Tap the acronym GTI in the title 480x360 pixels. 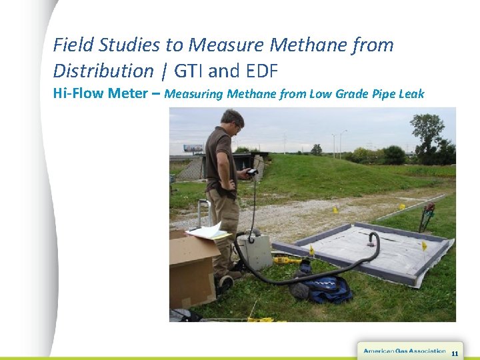189,70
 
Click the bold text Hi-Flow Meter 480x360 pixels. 100,93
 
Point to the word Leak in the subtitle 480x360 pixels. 410,94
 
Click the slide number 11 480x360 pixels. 455,353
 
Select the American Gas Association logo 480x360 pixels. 404,351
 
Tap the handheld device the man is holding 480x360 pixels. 251,173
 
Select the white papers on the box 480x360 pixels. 208,231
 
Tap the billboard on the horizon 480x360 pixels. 193,148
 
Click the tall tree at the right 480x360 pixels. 427,133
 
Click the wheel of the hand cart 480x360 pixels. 225,283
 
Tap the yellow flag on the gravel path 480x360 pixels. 336,210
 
